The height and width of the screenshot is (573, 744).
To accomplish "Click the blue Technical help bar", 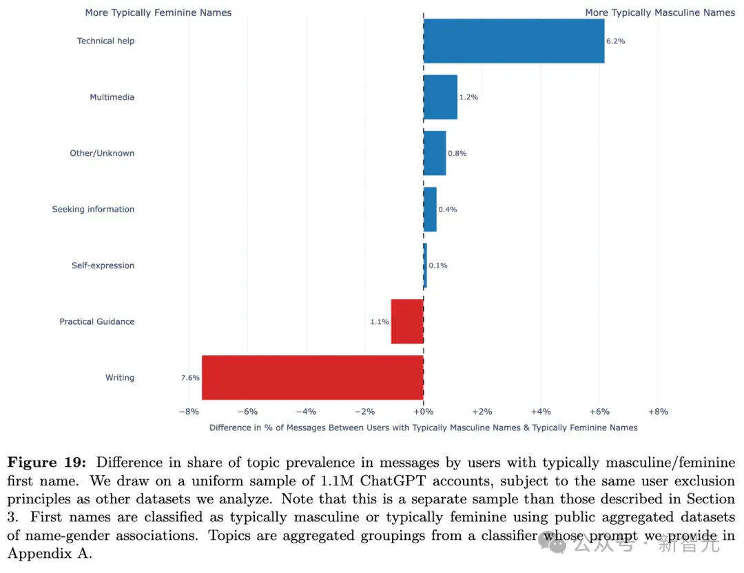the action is tap(514, 41).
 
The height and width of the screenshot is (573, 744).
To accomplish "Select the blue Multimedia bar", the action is tap(440, 97).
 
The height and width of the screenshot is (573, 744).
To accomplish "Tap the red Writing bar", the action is tap(313, 378).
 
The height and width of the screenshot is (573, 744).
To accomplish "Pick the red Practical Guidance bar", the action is tap(407, 321).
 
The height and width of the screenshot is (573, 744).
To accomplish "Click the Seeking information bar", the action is tap(430, 210).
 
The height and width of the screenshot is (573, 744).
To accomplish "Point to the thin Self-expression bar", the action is tap(425, 265).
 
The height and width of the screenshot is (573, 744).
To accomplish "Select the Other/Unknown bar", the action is tap(435, 153).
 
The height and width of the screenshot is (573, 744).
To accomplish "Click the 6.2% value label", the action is tap(615, 41).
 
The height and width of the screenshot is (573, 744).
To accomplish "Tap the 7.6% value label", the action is tap(190, 378).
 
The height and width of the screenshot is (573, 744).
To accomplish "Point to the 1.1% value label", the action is tap(380, 321).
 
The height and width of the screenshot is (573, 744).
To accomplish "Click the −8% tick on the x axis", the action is tap(189, 412).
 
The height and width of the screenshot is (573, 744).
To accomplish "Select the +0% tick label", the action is tap(423, 412).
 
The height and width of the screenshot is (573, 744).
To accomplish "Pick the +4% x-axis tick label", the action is tap(541, 412).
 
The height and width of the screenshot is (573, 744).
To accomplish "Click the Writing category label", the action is tap(120, 378).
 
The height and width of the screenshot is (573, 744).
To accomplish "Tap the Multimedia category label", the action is tap(112, 97).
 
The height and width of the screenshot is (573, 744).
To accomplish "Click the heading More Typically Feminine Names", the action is tap(158, 13).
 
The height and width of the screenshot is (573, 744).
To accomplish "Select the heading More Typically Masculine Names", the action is tap(660, 13).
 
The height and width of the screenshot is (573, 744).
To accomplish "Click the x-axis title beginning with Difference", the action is tap(423, 428).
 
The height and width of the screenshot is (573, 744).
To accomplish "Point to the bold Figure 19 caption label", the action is tap(47, 462).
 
